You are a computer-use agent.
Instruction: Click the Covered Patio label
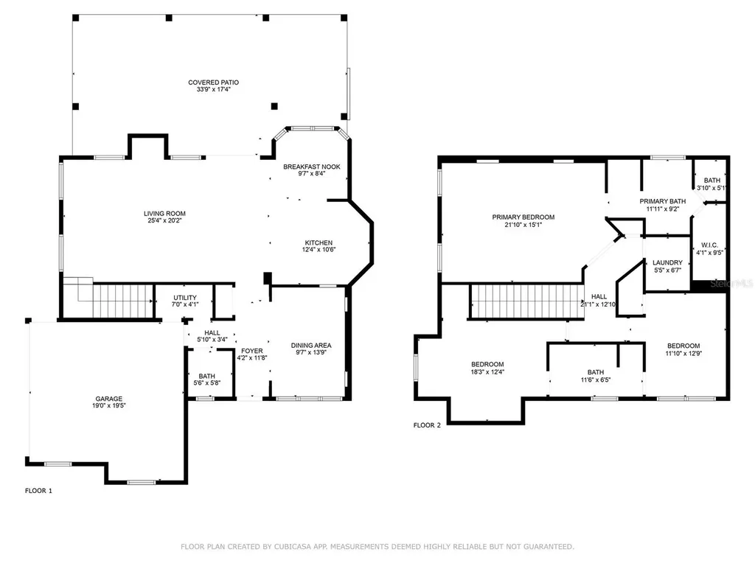click(213, 83)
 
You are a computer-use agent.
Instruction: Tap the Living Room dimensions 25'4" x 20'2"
click(164, 220)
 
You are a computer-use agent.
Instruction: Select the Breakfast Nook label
click(312, 167)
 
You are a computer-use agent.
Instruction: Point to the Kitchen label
click(319, 242)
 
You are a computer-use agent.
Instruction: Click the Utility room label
click(185, 298)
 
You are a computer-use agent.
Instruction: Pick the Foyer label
click(252, 351)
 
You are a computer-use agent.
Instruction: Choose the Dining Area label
click(311, 345)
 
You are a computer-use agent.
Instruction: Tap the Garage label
click(109, 399)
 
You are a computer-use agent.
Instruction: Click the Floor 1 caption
click(38, 490)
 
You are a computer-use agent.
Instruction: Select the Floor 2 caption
click(427, 425)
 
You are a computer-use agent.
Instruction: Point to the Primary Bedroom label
click(523, 217)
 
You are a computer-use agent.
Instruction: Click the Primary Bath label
click(663, 201)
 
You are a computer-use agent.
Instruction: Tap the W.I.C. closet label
click(710, 245)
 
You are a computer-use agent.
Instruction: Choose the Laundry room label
click(667, 262)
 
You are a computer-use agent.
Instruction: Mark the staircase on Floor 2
click(526, 301)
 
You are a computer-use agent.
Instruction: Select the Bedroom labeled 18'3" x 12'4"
click(487, 368)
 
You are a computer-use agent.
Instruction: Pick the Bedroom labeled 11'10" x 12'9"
click(683, 349)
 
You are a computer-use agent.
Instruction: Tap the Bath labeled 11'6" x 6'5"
click(596, 376)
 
